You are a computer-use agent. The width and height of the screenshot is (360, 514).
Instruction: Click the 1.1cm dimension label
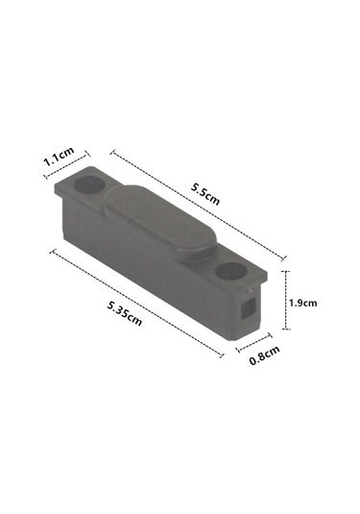pos(59,157)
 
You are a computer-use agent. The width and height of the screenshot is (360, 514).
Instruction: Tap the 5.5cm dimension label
pos(205,194)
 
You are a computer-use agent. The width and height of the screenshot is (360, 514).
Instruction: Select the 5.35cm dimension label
pos(125,314)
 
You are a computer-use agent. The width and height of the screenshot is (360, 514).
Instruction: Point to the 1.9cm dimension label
pos(302,303)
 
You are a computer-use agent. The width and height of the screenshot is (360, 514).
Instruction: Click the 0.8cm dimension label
pos(265,355)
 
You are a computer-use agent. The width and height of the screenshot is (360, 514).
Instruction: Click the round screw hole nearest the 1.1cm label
pos(89,184)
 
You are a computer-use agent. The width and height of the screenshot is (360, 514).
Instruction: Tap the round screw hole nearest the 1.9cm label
pos(231,271)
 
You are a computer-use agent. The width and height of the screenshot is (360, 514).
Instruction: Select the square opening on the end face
pos(249,308)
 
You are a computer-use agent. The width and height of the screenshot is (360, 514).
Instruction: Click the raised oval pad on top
pos(160,223)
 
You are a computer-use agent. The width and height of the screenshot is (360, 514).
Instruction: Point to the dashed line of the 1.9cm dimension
pos(286,300)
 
